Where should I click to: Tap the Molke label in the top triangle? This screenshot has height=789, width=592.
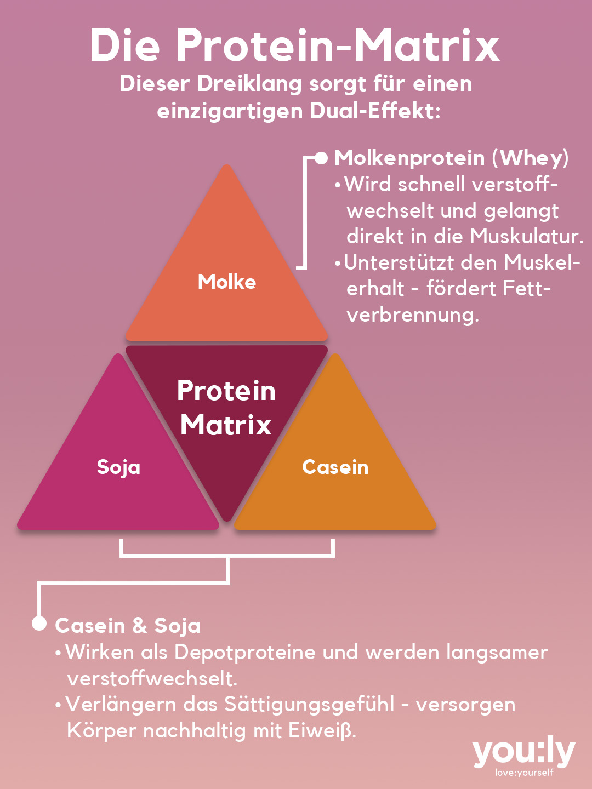(227, 282)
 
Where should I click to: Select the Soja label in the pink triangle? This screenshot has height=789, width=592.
(118, 467)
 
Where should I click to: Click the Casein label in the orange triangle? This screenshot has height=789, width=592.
(335, 467)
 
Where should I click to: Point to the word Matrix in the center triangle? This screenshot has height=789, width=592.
(226, 425)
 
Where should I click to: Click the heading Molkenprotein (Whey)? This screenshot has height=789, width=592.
(451, 158)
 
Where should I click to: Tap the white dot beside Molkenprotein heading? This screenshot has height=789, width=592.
(322, 158)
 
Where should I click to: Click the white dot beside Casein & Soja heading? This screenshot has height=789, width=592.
(39, 623)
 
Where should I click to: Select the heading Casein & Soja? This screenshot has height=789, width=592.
(128, 626)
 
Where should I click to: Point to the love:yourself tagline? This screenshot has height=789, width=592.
(524, 773)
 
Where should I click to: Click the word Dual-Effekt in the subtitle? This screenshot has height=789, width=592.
(375, 111)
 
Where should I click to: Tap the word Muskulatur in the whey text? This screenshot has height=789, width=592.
(526, 236)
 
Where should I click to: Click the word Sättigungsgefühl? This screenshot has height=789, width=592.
(309, 705)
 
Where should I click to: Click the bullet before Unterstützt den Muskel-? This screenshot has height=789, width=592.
(338, 264)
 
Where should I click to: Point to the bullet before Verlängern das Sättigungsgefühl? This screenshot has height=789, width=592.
(58, 705)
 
